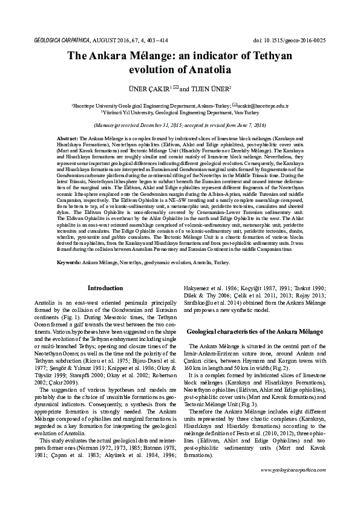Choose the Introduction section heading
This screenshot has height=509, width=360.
pos(105,288)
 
